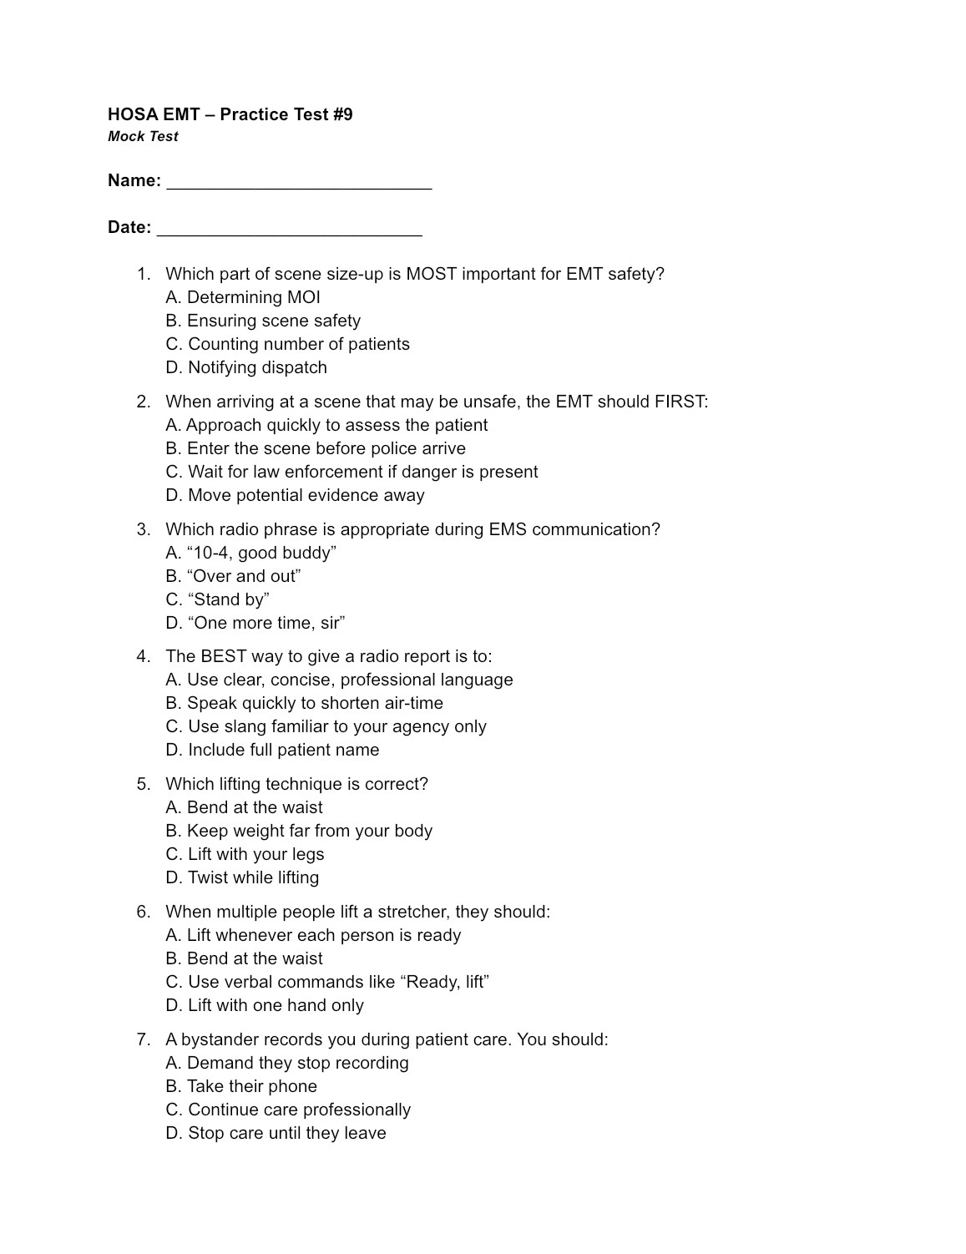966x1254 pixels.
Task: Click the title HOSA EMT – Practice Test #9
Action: coord(230,114)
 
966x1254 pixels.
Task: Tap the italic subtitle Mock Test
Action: coord(143,137)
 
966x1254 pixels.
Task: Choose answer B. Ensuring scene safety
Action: coord(263,321)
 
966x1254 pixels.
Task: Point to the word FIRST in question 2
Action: coord(680,402)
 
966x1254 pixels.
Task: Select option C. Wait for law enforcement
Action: coord(352,472)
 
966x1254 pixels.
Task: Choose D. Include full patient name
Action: coord(272,750)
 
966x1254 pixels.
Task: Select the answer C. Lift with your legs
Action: coord(245,854)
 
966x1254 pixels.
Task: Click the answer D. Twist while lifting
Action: coord(242,877)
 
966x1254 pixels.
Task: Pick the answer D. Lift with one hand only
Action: coord(265,1005)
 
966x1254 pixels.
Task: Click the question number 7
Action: coord(144,1039)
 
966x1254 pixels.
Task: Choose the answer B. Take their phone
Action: coord(241,1086)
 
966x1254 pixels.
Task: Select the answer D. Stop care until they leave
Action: coord(276,1133)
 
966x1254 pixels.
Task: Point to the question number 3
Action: coord(144,529)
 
